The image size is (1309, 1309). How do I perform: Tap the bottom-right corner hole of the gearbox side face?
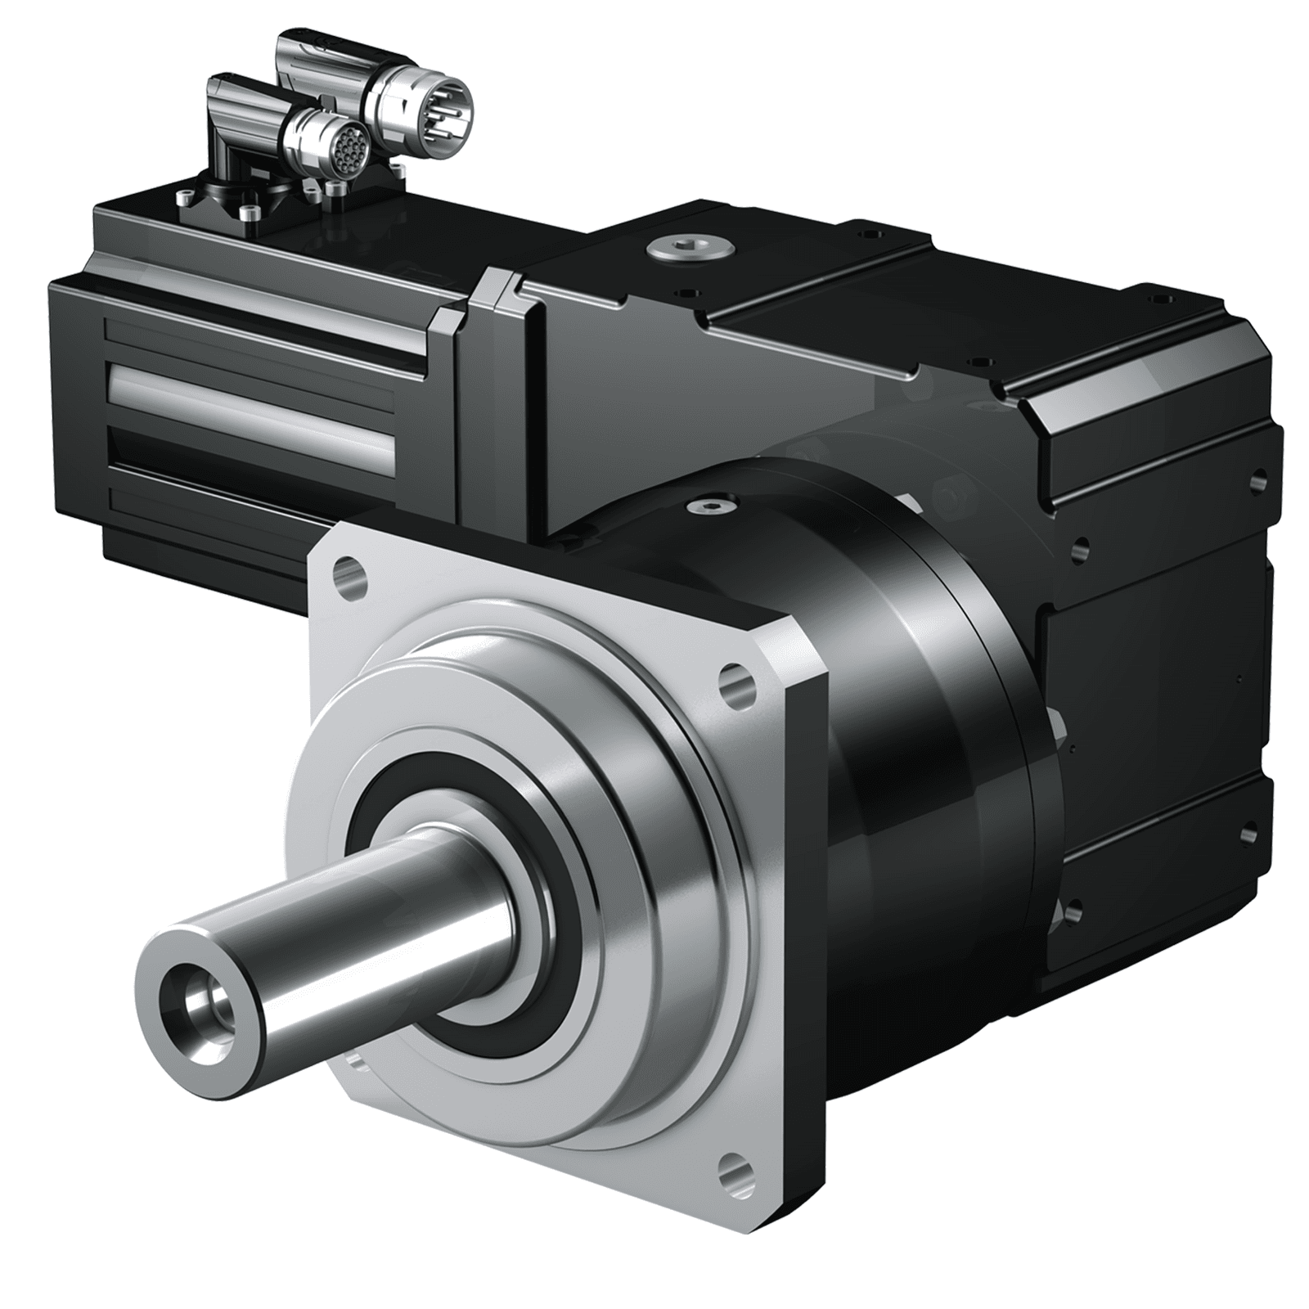(1249, 834)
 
